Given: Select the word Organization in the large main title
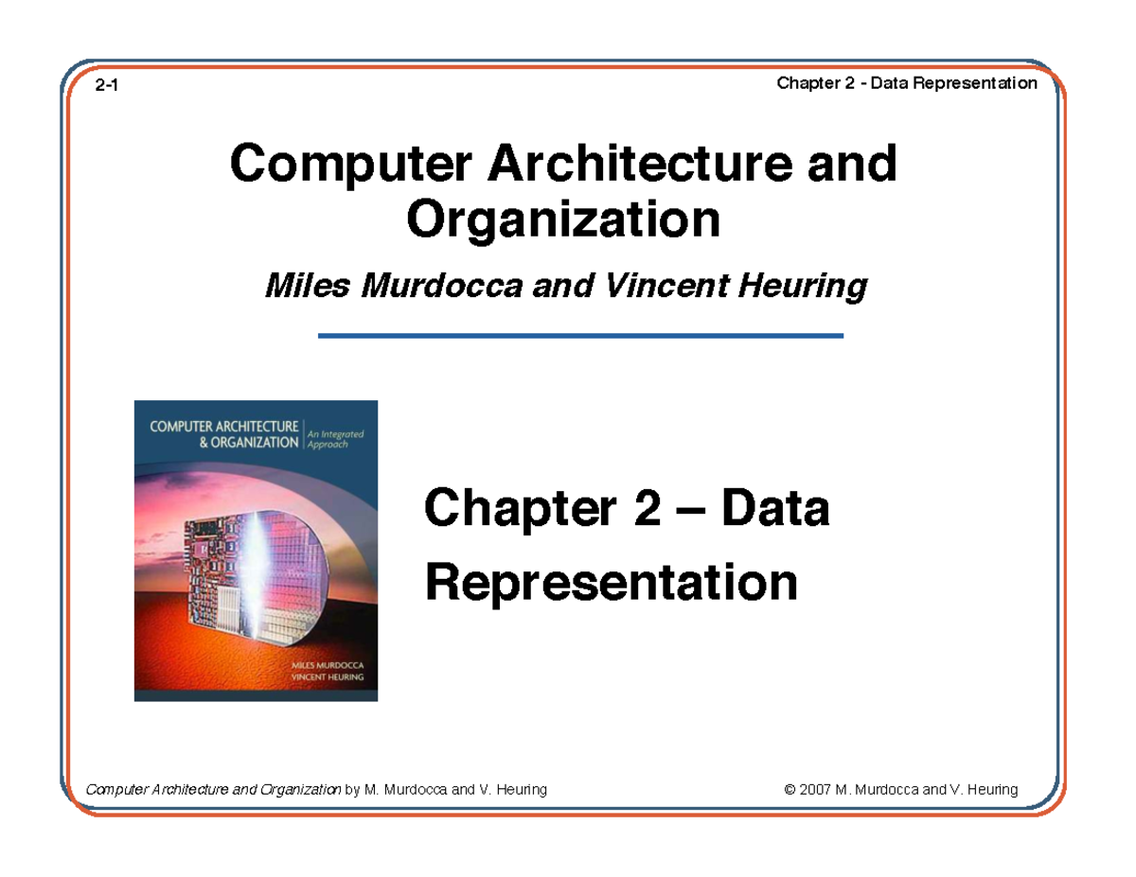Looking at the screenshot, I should pos(562,219).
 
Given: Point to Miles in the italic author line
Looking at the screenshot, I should pos(298,285).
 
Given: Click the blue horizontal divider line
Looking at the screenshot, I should pos(579,336).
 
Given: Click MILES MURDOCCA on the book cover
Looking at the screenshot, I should pos(331,667).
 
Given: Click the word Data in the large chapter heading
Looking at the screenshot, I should pos(775,512).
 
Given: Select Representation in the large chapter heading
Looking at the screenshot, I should pos(612,583).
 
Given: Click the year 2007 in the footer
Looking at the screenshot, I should pos(815,790).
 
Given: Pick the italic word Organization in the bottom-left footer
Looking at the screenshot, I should pos(298,790).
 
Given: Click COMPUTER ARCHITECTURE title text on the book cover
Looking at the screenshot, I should pos(222,426).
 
